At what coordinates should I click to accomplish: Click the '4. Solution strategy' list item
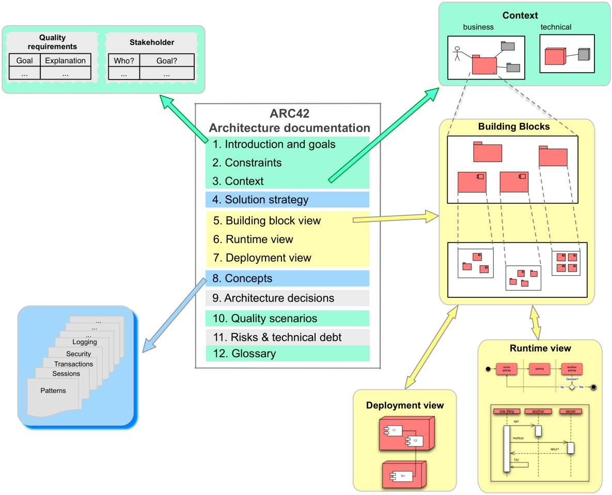point(266,200)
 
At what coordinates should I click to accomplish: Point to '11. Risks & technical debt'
point(277,337)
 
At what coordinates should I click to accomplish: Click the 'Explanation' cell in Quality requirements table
point(65,60)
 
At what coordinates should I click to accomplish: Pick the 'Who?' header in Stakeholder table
point(124,60)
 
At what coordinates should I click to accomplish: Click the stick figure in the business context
point(457,54)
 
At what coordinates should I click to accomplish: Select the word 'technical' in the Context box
point(556,27)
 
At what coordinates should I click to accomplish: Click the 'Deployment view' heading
point(405,405)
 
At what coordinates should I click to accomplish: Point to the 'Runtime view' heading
point(540,348)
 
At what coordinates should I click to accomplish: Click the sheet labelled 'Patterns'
point(53,391)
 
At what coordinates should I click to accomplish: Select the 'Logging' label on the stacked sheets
point(84,342)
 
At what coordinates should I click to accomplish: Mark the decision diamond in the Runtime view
point(572,387)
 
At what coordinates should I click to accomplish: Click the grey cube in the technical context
point(584,54)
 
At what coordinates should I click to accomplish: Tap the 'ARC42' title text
point(289,114)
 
